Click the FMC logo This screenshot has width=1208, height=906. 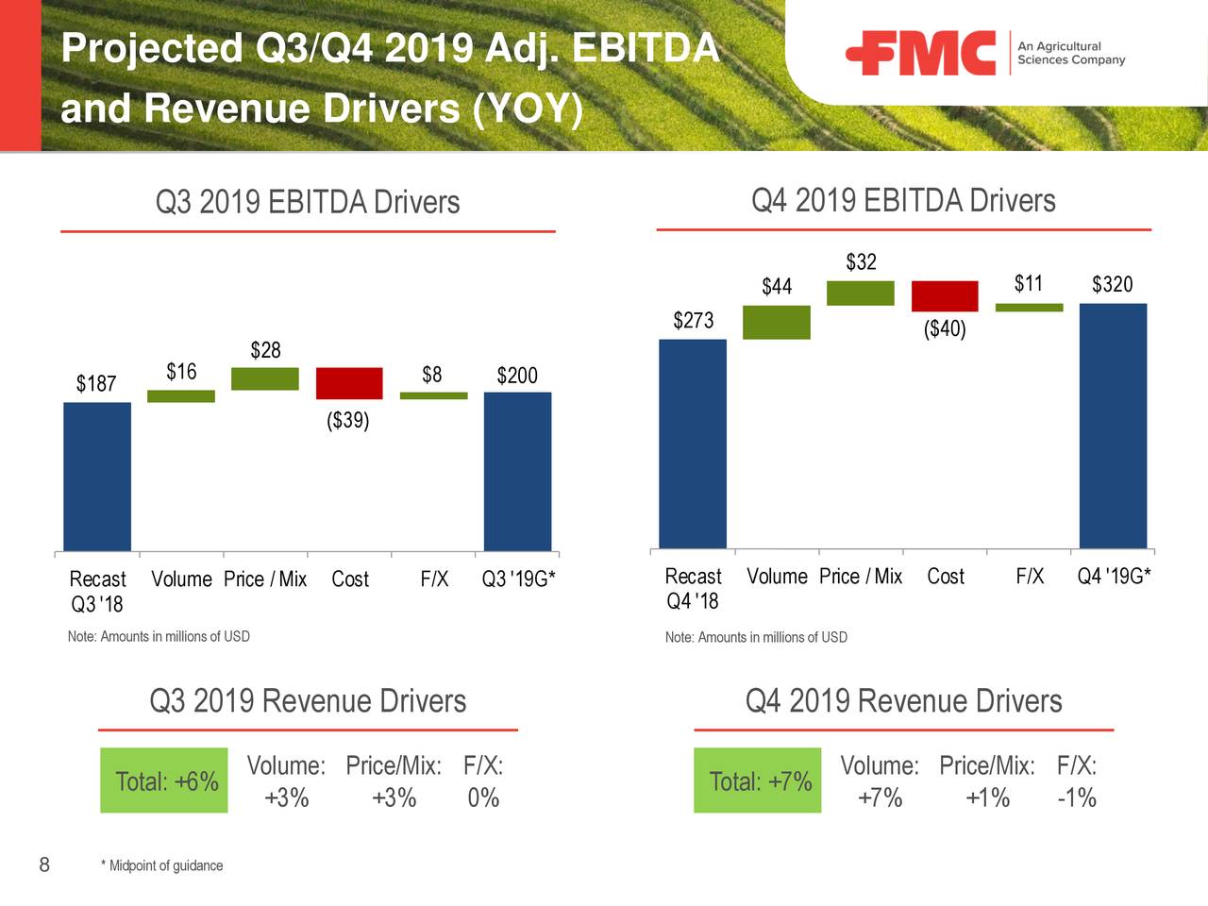920,53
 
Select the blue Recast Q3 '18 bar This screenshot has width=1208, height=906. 97,477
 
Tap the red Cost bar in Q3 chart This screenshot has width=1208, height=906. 349,383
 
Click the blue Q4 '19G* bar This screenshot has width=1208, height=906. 1113,425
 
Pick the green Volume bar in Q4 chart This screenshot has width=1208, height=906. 777,322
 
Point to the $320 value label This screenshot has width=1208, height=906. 1112,284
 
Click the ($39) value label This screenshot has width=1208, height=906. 348,420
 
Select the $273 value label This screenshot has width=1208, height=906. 693,320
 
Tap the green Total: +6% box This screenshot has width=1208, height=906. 164,780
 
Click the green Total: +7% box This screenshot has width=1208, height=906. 758,780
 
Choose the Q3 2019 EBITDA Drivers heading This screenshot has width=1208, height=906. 308,202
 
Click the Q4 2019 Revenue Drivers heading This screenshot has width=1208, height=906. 903,701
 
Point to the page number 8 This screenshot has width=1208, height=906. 44,864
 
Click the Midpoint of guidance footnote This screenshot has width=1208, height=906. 162,865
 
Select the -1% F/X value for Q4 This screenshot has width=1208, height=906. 1077,798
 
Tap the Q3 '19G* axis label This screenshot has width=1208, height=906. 518,579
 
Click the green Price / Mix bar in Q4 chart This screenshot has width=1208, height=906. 861,293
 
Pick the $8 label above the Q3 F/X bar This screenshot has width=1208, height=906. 432,375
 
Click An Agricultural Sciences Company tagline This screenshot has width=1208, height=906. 1071,53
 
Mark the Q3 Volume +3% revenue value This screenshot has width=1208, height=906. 287,798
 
